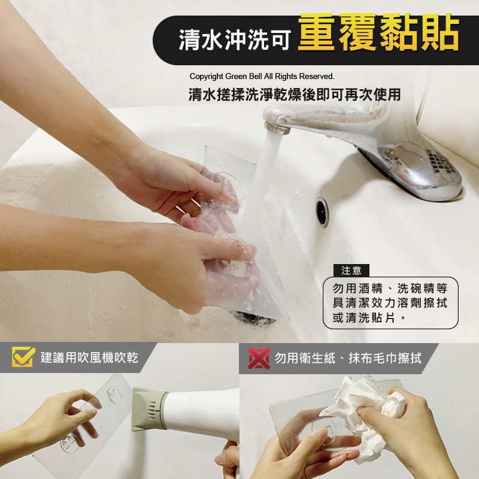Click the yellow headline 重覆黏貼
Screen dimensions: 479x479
pyautogui.click(x=378, y=32)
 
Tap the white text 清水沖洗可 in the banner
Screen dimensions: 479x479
pyautogui.click(x=234, y=40)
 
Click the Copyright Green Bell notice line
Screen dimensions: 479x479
pyautogui.click(x=262, y=77)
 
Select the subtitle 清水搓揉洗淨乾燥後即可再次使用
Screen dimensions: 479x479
pyautogui.click(x=295, y=95)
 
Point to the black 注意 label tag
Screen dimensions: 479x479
pyautogui.click(x=351, y=271)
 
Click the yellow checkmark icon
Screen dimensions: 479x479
pyautogui.click(x=23, y=356)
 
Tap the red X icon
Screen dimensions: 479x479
pyautogui.click(x=259, y=358)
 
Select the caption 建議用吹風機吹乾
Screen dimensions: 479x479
pyautogui.click(x=89, y=357)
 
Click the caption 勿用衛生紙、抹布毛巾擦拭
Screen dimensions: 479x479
pyautogui.click(x=348, y=358)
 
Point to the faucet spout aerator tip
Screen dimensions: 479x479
pyautogui.click(x=277, y=127)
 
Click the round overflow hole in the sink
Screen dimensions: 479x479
pyautogui.click(x=322, y=211)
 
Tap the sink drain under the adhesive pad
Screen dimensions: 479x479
pyautogui.click(x=253, y=319)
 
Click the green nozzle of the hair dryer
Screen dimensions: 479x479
pyautogui.click(x=148, y=409)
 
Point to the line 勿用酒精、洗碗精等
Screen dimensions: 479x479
pyautogui.click(x=390, y=288)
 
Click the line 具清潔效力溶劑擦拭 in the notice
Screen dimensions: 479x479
pyautogui.click(x=390, y=303)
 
